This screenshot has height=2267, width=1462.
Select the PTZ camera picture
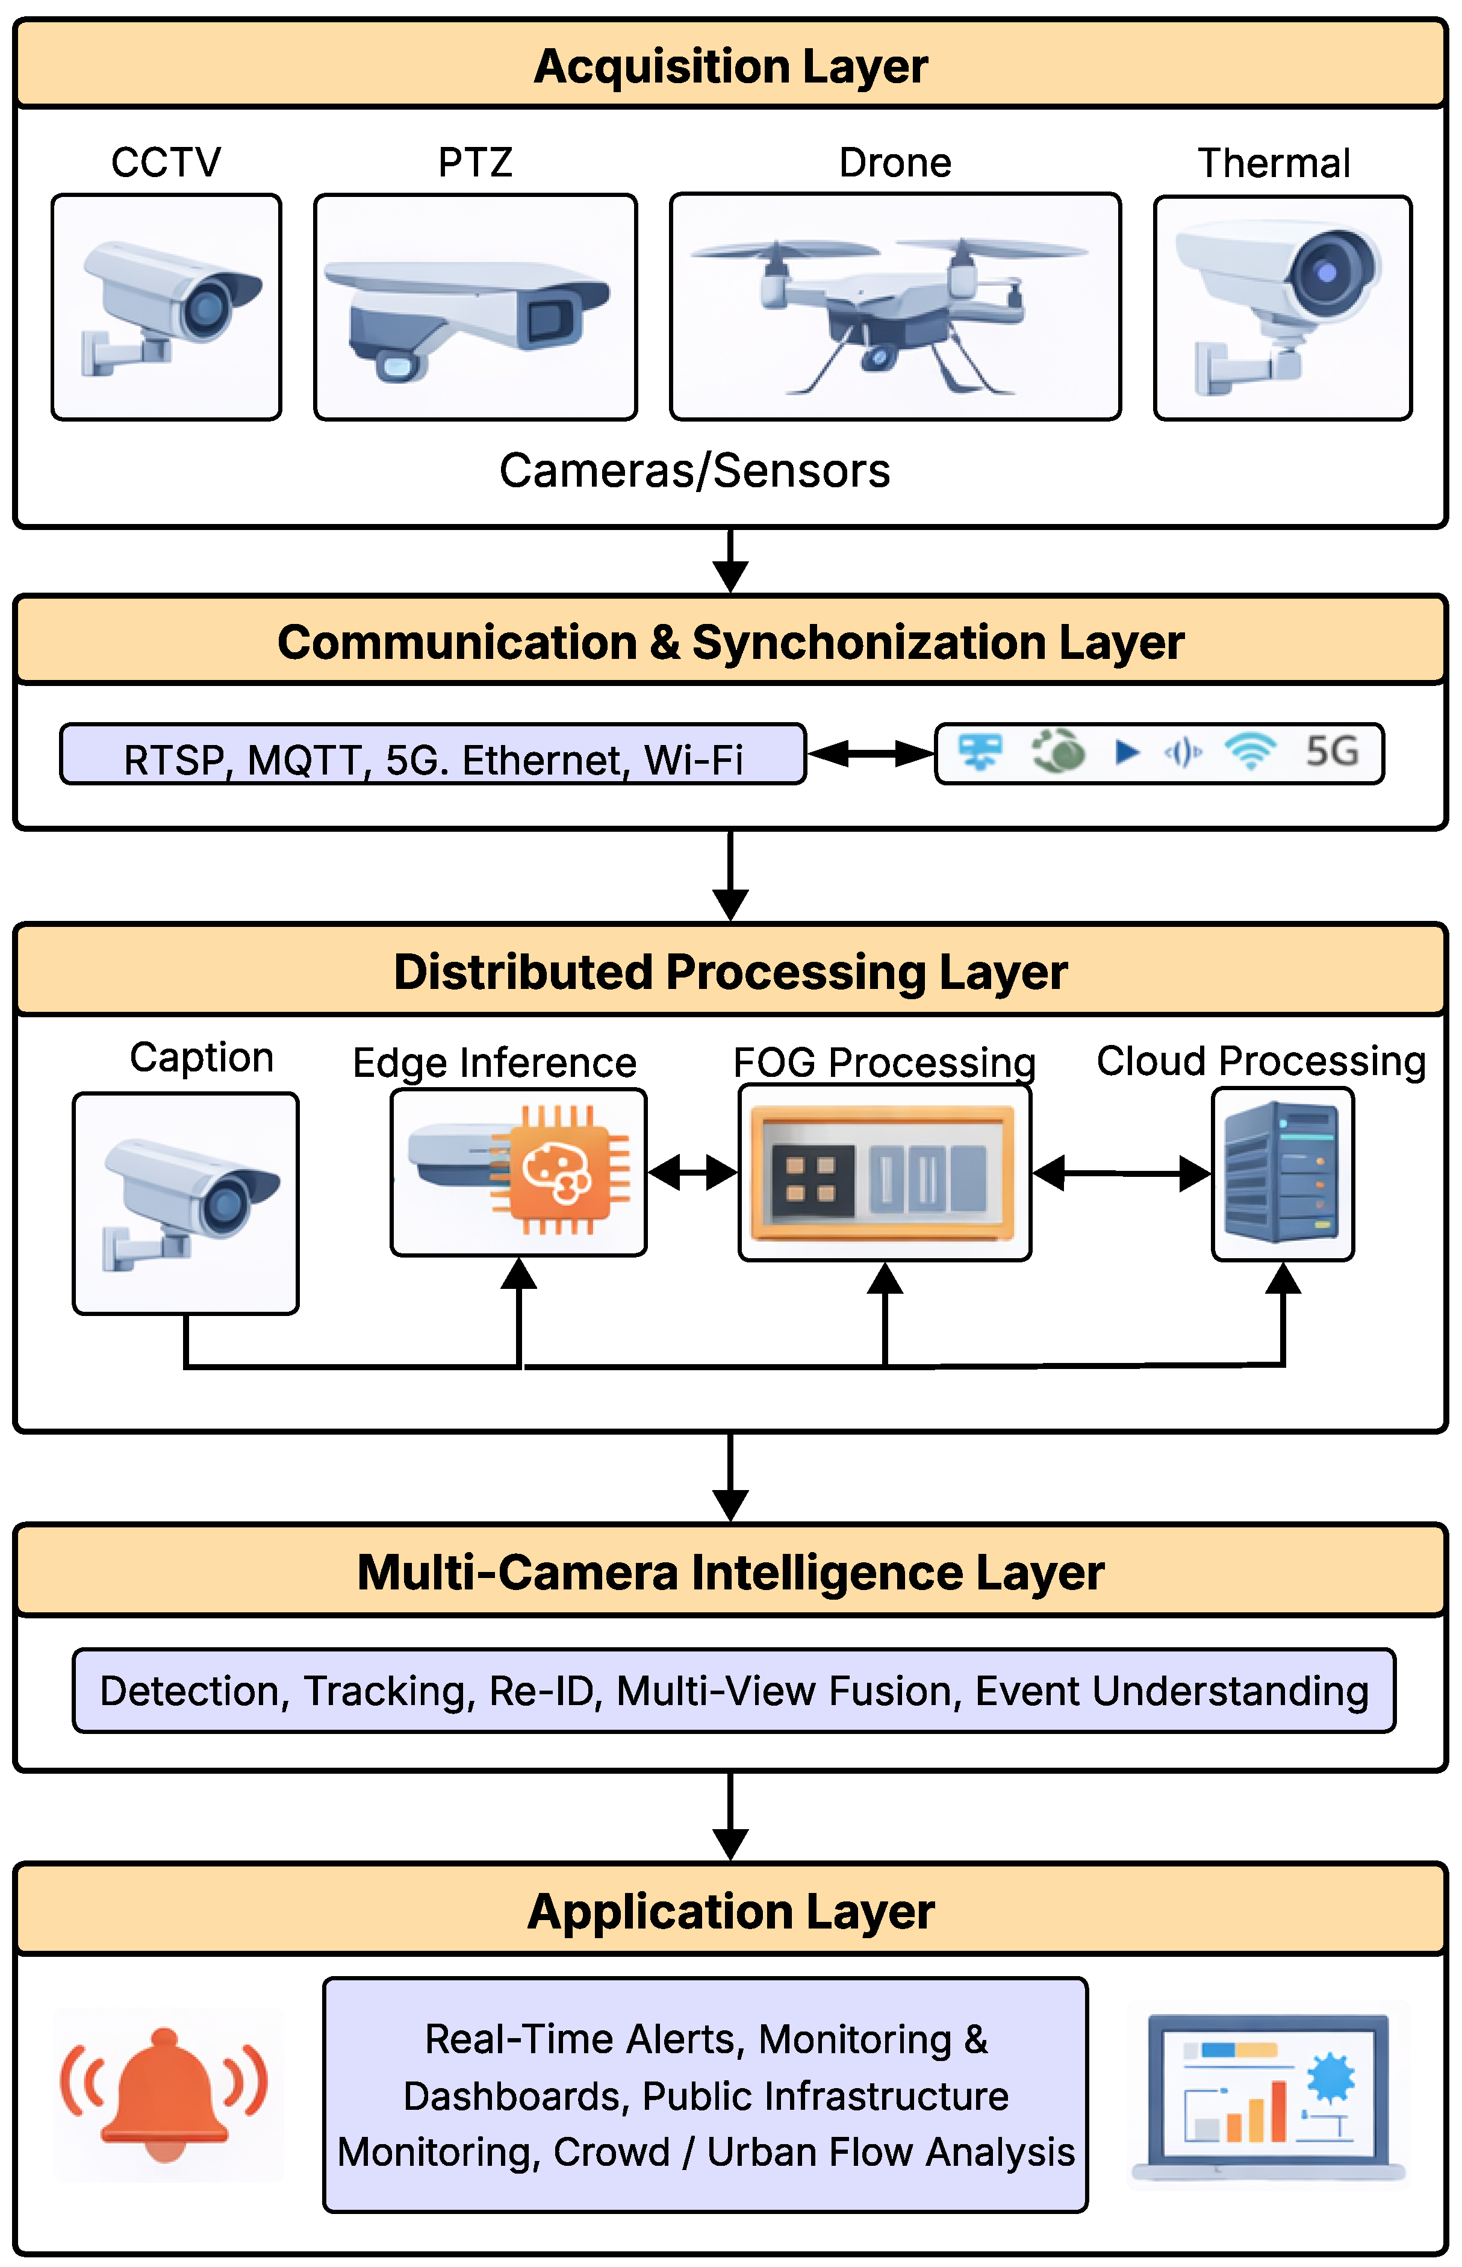[467, 318]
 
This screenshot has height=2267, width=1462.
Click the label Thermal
[1274, 163]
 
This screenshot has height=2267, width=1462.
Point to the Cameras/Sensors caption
[695, 471]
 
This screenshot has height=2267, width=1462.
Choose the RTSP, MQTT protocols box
[433, 755]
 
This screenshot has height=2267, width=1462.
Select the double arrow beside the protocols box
[871, 754]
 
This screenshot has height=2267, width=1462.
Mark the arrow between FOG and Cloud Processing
[1121, 1173]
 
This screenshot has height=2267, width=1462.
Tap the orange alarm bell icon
[164, 2095]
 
